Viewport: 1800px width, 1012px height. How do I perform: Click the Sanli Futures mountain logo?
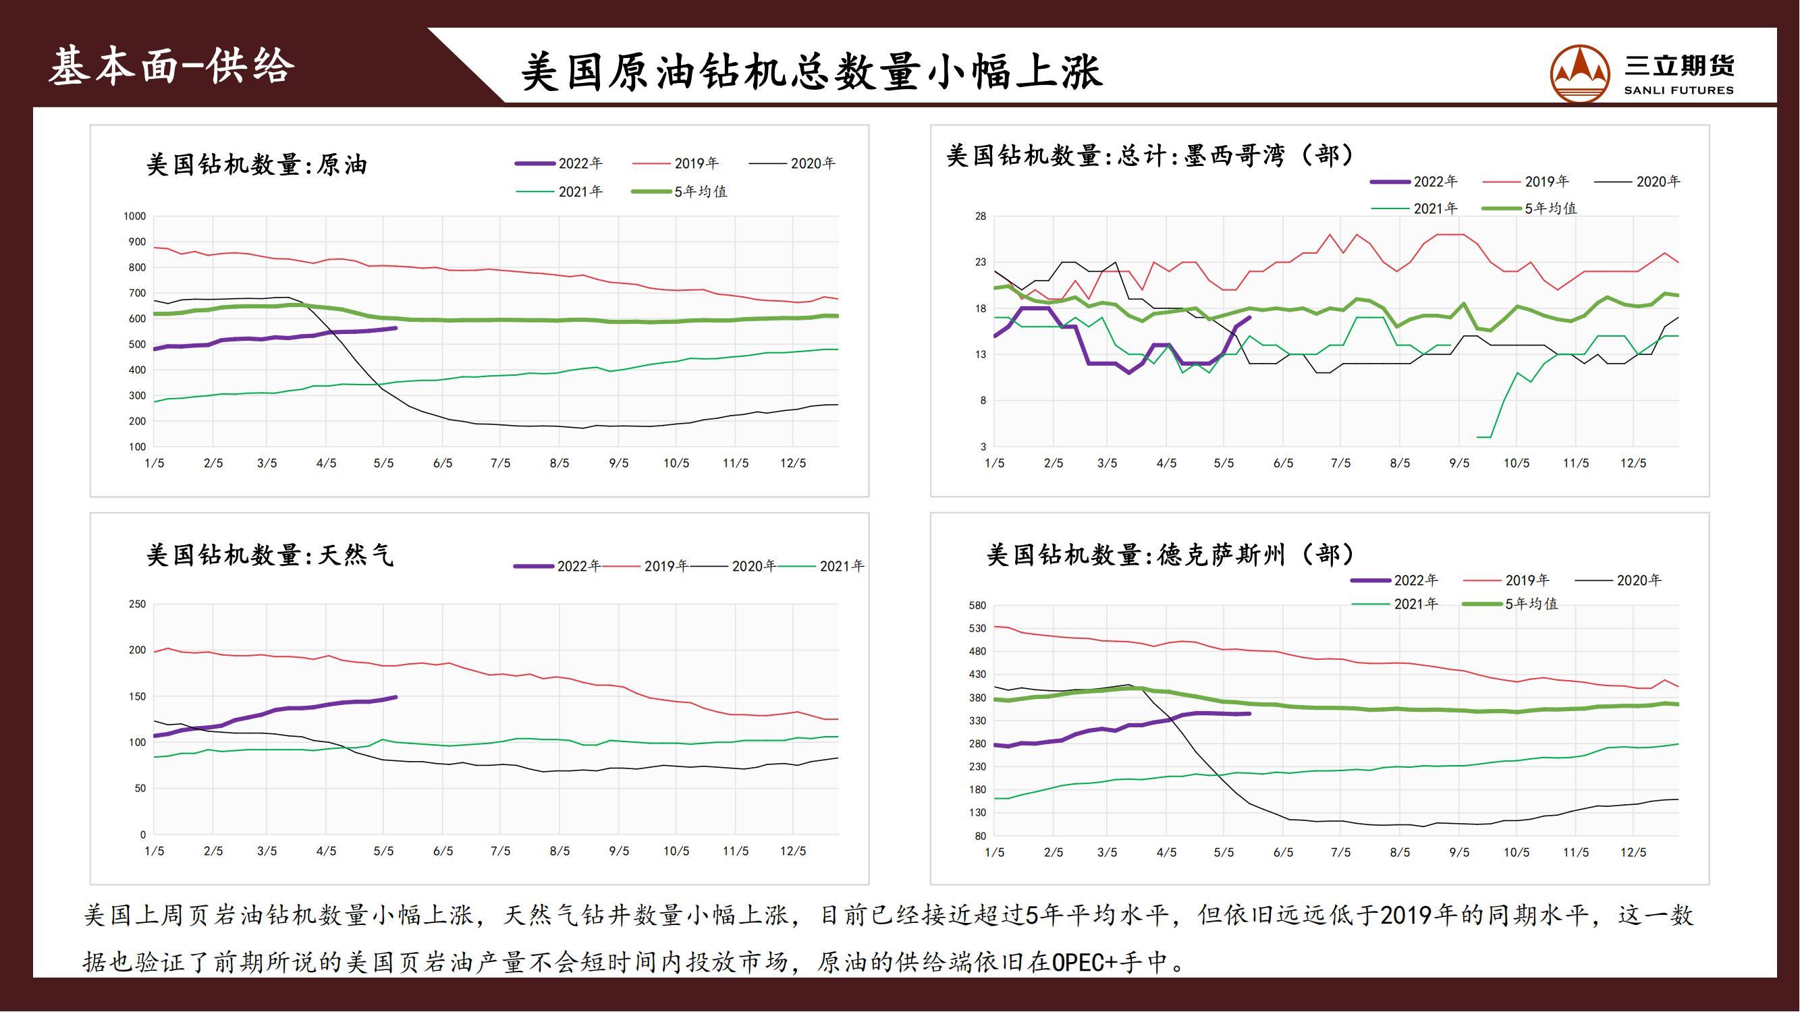[1580, 74]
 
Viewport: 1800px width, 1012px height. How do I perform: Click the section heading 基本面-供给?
[172, 67]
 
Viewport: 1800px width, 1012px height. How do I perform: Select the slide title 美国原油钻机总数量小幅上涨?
[811, 72]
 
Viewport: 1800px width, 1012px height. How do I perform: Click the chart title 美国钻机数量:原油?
[256, 165]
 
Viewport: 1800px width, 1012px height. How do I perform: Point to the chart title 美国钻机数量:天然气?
[270, 555]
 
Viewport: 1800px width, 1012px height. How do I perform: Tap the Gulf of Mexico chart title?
[1149, 155]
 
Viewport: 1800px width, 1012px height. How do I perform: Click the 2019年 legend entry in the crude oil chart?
[696, 163]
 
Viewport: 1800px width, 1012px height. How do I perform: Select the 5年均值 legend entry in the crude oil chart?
[700, 192]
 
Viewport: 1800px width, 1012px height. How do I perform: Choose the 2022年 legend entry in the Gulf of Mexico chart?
[1436, 181]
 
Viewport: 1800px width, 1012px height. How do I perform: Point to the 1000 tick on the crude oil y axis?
[135, 217]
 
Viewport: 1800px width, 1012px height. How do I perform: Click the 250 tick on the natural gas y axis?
[137, 604]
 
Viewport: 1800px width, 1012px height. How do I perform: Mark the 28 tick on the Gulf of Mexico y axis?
[981, 217]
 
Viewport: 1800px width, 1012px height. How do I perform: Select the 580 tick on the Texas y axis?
[977, 606]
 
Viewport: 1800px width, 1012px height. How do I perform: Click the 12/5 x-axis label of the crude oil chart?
[793, 463]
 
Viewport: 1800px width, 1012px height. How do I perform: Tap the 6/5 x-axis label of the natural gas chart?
[443, 851]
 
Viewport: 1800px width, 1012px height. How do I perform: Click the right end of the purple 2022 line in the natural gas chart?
[396, 697]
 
